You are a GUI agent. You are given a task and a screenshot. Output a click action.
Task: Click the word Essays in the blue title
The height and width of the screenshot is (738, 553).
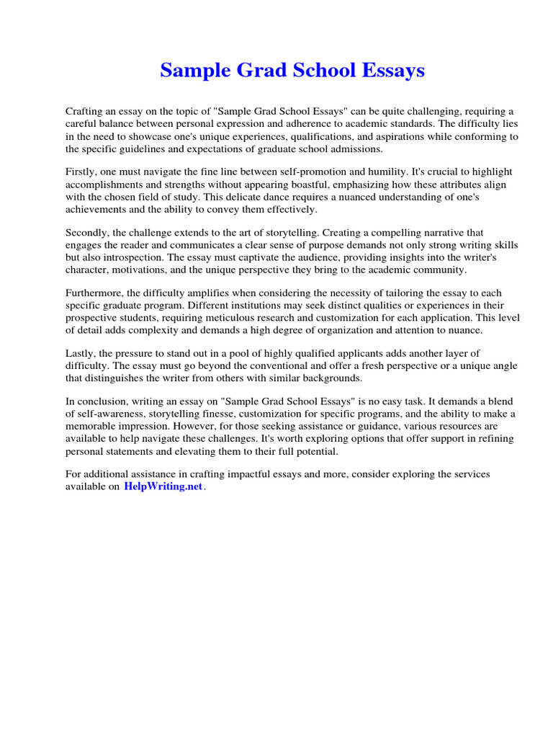(x=392, y=71)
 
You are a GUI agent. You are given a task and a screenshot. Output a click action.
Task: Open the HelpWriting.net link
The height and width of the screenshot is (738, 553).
(x=163, y=486)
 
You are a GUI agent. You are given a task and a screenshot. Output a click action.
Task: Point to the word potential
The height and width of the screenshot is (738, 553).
(x=315, y=451)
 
